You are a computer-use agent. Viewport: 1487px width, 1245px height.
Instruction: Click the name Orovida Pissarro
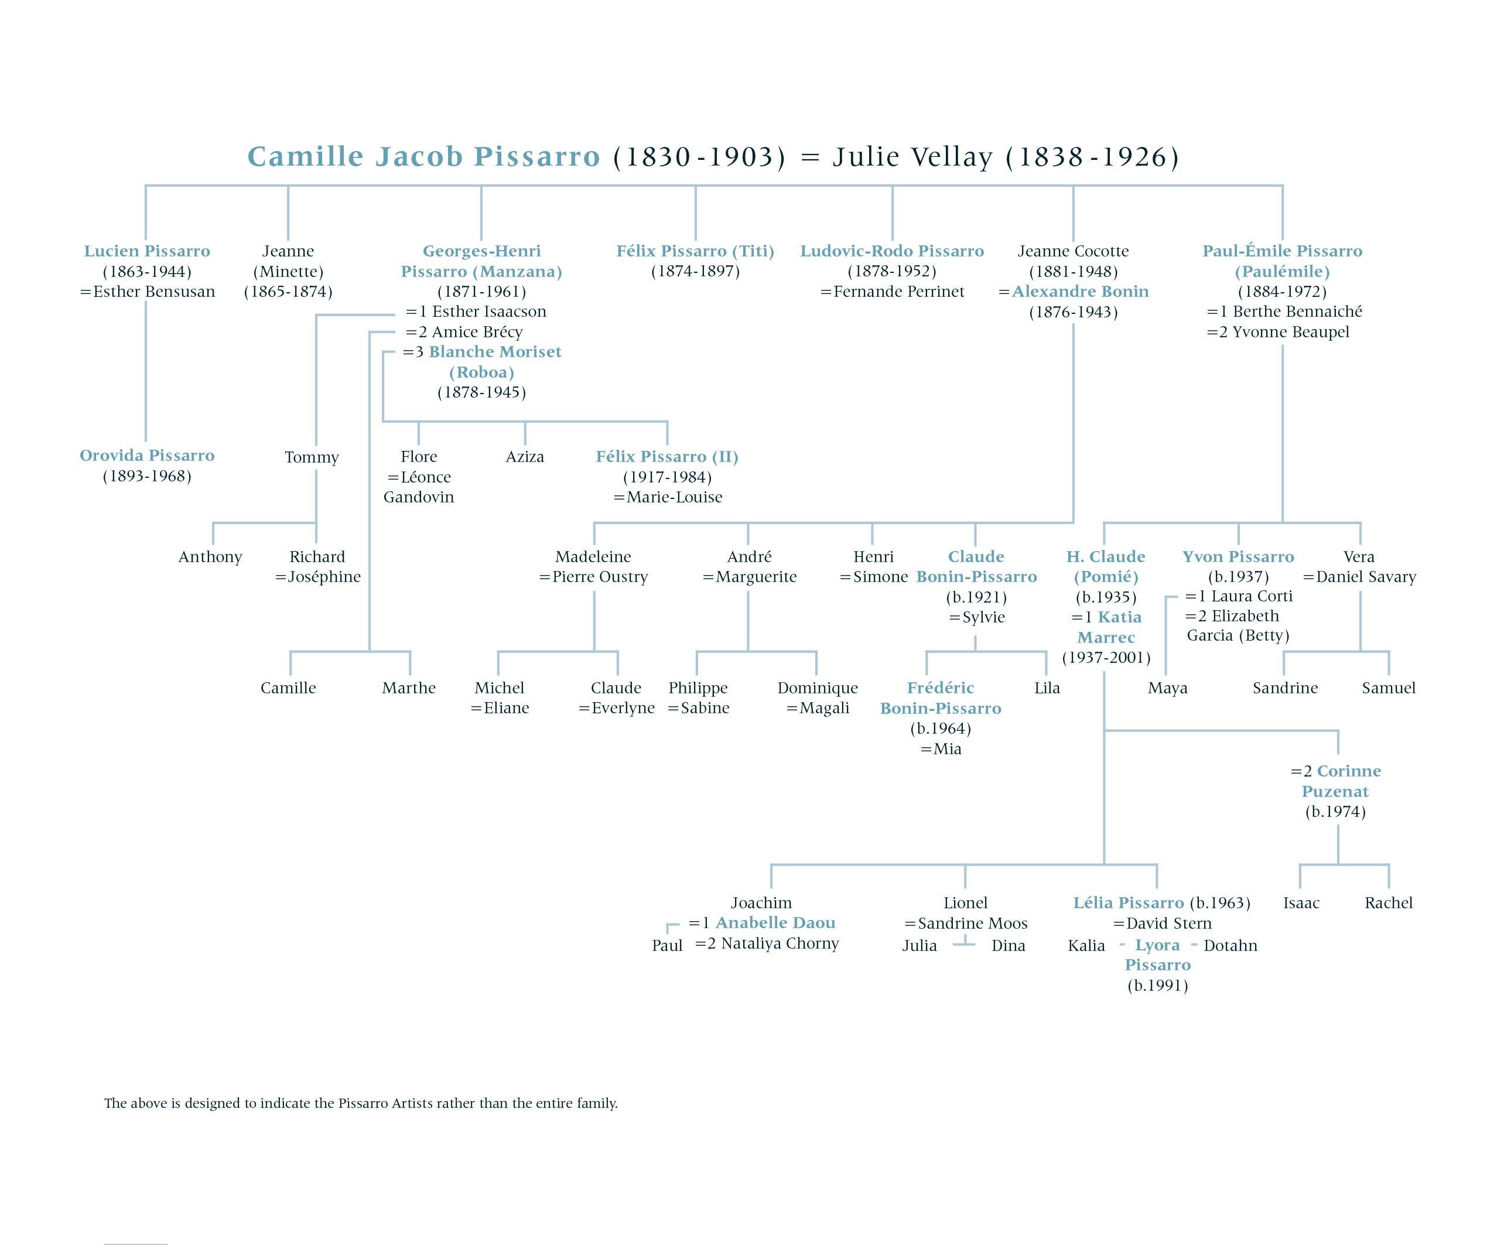(x=146, y=456)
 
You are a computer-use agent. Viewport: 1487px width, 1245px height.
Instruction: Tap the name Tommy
(x=312, y=457)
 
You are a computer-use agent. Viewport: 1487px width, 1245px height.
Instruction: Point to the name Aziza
(x=525, y=457)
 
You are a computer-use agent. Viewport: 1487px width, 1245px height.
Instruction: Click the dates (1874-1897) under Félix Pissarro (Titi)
(x=695, y=271)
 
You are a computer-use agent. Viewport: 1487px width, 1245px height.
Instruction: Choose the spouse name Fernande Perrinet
(x=898, y=292)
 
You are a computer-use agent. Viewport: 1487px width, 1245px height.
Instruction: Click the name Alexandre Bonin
(x=1080, y=292)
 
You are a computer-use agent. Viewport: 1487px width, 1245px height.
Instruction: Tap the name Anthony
(x=210, y=557)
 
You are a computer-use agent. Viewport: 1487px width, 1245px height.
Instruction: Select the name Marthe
(x=409, y=688)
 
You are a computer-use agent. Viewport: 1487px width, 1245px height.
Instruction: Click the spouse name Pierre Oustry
(x=600, y=577)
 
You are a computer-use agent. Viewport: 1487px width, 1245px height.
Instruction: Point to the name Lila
(x=1047, y=688)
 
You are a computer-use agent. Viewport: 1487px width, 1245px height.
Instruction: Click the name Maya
(x=1168, y=688)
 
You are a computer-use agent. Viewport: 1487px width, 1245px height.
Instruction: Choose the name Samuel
(x=1389, y=688)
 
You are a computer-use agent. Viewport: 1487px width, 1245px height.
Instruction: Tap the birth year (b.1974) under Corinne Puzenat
(x=1335, y=812)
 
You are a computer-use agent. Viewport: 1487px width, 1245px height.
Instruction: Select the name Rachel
(x=1388, y=903)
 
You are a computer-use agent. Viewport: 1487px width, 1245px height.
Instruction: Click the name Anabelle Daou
(x=775, y=923)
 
